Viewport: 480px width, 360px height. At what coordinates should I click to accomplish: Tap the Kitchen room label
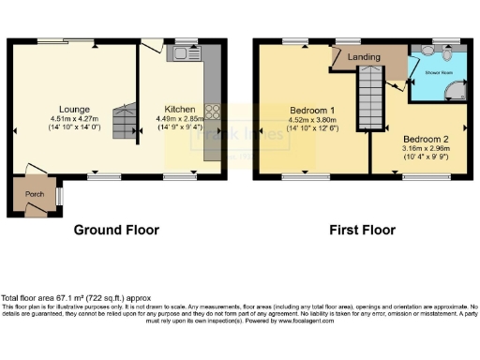click(180, 109)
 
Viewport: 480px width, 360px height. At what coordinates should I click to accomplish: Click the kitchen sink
click(180, 55)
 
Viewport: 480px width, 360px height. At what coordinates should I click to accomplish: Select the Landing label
click(363, 57)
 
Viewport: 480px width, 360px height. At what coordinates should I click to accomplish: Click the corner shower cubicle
click(457, 91)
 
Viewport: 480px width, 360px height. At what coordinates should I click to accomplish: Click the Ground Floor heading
click(114, 229)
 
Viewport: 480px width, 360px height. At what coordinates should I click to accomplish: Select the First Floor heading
click(360, 229)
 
